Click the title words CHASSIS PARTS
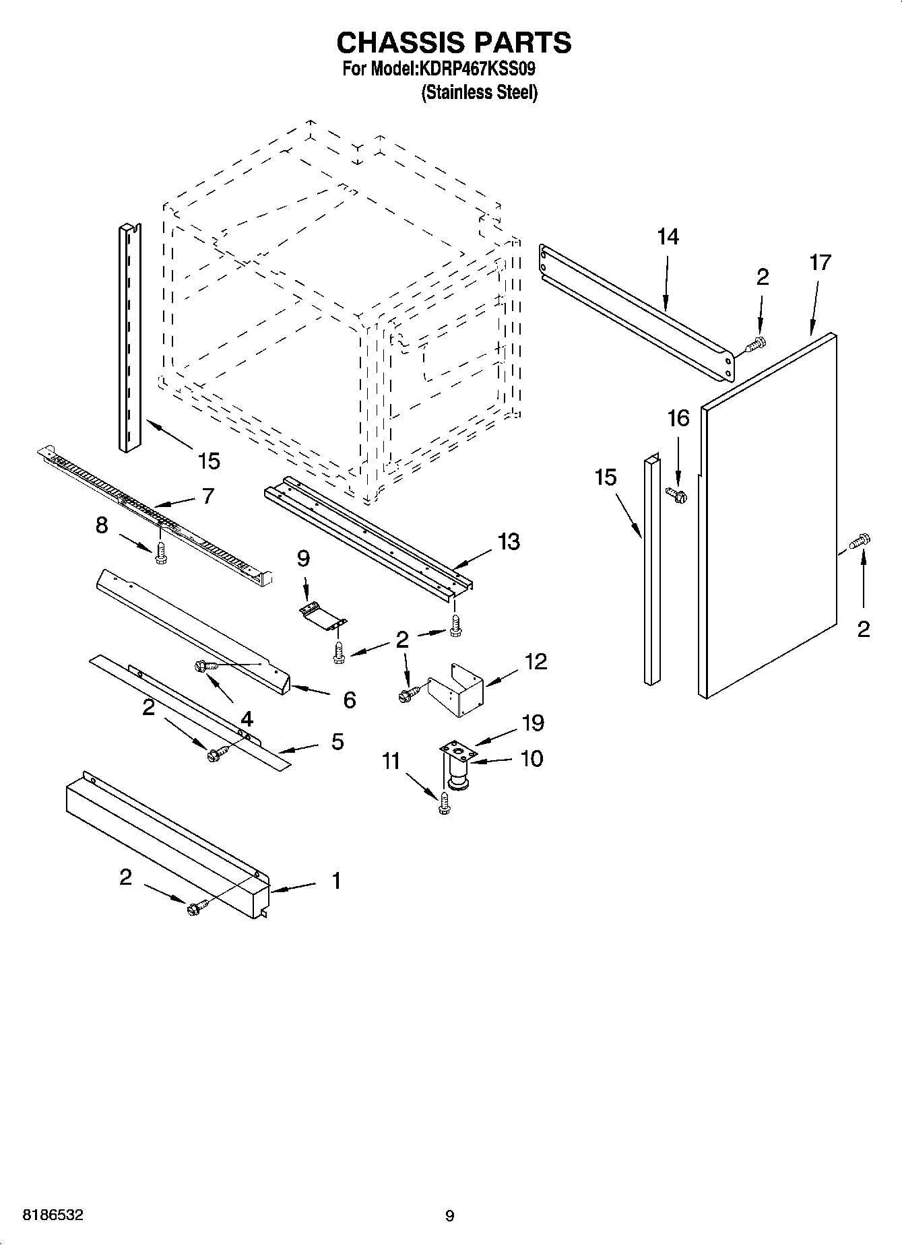point(453,42)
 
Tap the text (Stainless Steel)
point(479,92)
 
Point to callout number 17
point(820,263)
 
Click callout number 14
point(668,237)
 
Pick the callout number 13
point(509,541)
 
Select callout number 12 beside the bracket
point(536,661)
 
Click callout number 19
point(532,723)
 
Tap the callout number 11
point(391,762)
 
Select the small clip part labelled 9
point(322,616)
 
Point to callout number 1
point(335,881)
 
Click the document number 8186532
point(53,1215)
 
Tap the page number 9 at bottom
point(449,1216)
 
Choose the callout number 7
point(207,496)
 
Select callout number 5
point(337,742)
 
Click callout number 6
point(349,700)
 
